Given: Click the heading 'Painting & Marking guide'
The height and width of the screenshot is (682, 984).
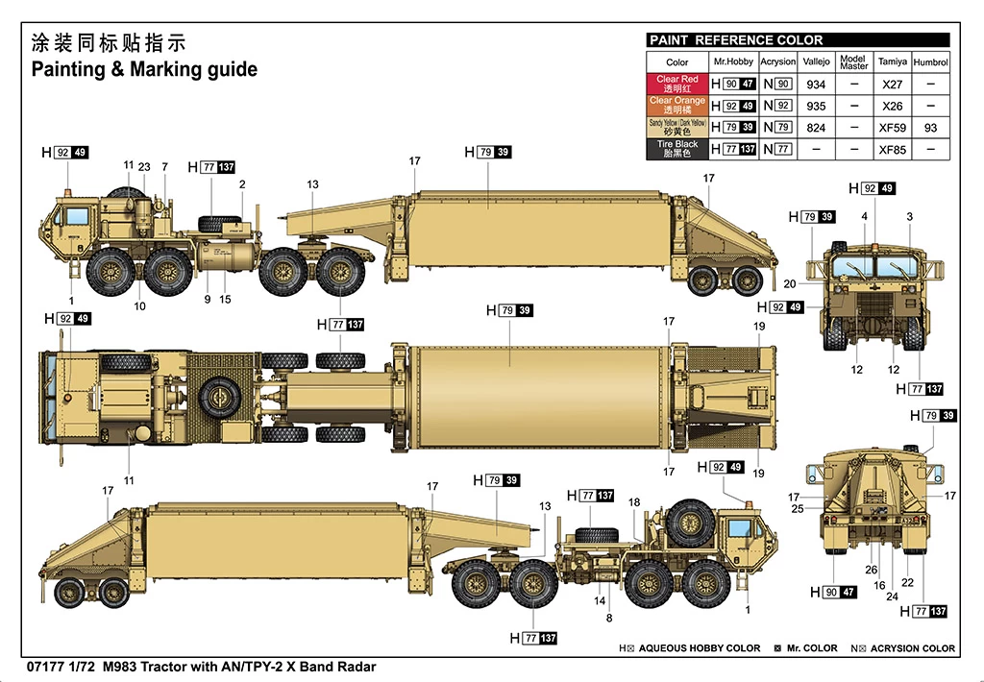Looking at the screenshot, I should point(144,69).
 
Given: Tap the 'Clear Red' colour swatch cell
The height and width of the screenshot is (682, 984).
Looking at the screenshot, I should point(677,84).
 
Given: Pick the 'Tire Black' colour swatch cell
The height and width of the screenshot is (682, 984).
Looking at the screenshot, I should point(677,149).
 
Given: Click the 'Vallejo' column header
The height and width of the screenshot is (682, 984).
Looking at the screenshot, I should point(816,62).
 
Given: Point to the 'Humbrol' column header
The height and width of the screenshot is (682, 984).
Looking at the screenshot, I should point(930,62).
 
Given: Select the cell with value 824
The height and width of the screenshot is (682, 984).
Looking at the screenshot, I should point(816,128).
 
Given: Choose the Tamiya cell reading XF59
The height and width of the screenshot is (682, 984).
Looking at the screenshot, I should point(892,128).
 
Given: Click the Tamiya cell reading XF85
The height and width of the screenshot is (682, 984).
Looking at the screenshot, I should point(892,150).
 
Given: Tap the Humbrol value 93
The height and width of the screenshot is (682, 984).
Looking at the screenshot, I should point(930,128).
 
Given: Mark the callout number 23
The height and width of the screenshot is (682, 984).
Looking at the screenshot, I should point(144,166).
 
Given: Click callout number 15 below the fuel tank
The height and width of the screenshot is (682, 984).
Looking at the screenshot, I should point(225,300).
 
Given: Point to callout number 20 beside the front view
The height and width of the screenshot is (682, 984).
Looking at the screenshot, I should point(789,283).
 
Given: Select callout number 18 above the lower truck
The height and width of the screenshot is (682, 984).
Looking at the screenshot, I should point(633,502).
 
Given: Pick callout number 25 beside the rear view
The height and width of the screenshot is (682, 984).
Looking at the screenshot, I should point(797,509).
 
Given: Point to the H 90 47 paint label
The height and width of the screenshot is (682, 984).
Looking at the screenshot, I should point(832,593).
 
